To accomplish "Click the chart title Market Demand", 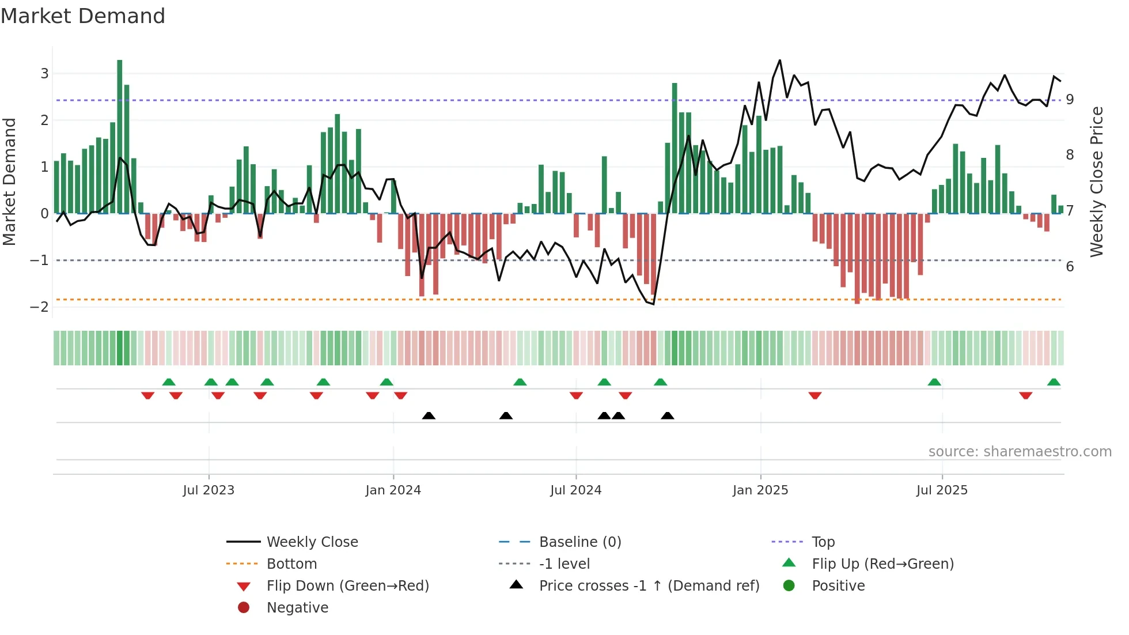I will coord(83,16).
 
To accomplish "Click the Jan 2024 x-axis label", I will coord(393,490).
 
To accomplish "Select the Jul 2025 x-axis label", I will coord(942,490).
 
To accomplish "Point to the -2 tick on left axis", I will coord(40,307).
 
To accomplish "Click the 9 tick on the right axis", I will coord(1070,100).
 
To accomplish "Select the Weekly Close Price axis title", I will coord(1097,182).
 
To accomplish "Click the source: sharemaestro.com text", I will coord(1020,452).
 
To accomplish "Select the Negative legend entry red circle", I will coord(244,608).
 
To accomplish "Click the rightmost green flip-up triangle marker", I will coord(1054,382).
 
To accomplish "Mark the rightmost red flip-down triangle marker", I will coord(1025,396).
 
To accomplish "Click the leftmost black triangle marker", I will coord(429,415).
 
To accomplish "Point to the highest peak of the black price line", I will coord(780,60).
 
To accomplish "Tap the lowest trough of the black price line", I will coord(653,304).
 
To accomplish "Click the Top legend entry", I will coord(823,542).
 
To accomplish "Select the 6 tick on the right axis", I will coord(1070,267).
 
